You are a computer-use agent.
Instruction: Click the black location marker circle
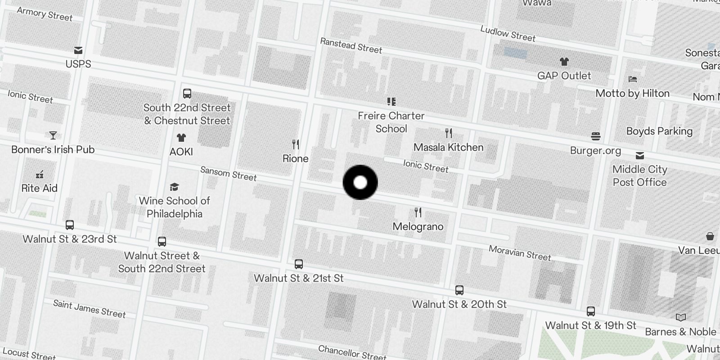(x=360, y=182)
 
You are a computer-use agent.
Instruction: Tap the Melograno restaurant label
(x=418, y=226)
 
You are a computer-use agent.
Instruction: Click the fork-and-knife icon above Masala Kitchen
(x=448, y=133)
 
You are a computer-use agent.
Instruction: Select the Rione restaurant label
(x=295, y=158)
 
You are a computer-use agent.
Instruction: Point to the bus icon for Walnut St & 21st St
(x=299, y=264)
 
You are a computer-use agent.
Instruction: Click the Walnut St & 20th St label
(x=459, y=304)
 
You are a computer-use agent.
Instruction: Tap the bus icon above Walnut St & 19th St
(x=590, y=311)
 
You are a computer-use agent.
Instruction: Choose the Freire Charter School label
(x=391, y=122)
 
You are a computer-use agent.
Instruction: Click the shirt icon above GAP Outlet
(x=564, y=62)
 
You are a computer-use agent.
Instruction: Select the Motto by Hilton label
(x=632, y=93)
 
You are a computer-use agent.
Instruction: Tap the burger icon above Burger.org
(x=596, y=136)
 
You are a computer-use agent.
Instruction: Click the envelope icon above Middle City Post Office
(x=639, y=156)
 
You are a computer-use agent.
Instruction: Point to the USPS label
(x=78, y=64)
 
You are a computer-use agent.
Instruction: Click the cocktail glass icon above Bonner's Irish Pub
(x=53, y=135)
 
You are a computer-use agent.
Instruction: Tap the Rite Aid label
(x=40, y=188)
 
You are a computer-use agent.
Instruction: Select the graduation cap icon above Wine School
(x=174, y=187)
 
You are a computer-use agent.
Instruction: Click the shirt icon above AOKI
(x=181, y=138)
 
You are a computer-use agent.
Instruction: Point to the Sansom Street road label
(x=228, y=173)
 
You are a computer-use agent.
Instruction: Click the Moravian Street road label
(x=520, y=253)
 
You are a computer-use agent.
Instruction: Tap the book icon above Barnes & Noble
(x=680, y=318)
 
